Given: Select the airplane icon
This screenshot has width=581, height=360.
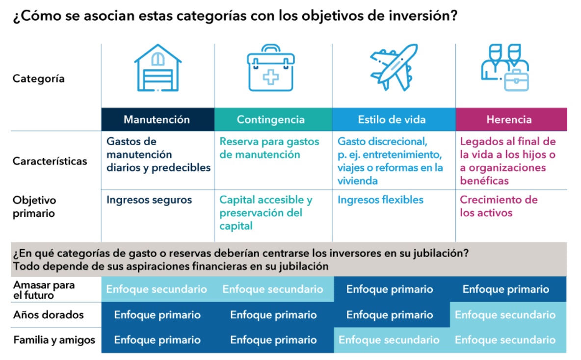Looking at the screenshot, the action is [x=394, y=67].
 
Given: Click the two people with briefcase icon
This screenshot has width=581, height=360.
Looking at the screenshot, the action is [x=505, y=67].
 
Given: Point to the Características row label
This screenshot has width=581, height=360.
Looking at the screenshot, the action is [x=50, y=161].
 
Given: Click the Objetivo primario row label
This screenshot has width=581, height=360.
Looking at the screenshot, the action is [x=34, y=206].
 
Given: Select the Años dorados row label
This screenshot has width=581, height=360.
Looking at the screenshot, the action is [x=49, y=315].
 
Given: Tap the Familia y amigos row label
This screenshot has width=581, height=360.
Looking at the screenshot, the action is [x=54, y=340].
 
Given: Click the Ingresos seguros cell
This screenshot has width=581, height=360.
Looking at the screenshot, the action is [x=149, y=200].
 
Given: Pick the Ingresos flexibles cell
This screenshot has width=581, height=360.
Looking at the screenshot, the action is [x=380, y=200].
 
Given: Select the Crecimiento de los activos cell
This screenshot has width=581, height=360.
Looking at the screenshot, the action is [x=499, y=206].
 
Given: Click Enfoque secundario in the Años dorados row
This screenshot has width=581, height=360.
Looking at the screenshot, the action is [x=505, y=315].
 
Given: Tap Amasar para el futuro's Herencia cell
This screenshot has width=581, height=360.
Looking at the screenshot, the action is [x=506, y=289].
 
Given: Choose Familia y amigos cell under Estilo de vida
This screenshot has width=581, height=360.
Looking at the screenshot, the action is [x=389, y=340].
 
